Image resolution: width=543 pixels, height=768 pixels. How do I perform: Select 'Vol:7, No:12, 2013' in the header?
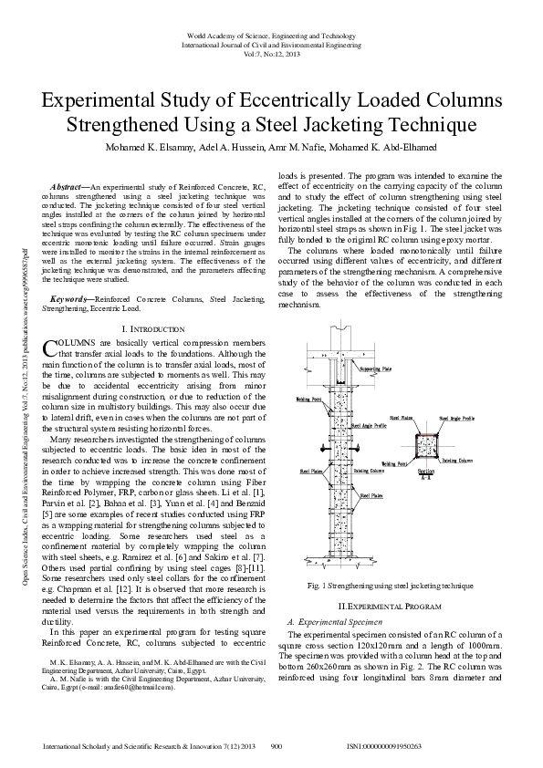tap(271, 54)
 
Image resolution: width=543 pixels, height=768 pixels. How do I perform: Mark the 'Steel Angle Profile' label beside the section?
tap(456, 419)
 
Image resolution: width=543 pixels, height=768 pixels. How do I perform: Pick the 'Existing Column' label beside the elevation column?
tap(369, 472)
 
